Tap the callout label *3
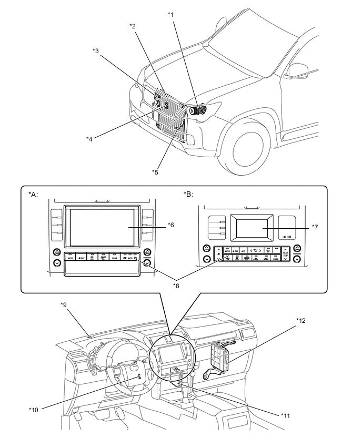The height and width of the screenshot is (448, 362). [96, 50]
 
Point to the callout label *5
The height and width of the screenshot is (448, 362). [155, 172]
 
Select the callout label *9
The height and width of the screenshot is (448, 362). [64, 304]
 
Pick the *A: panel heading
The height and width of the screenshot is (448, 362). [33, 194]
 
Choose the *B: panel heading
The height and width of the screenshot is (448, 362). [188, 194]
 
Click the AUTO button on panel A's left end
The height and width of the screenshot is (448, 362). [70, 258]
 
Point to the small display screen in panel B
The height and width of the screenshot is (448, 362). [254, 227]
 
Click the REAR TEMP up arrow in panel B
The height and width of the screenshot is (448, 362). [285, 249]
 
